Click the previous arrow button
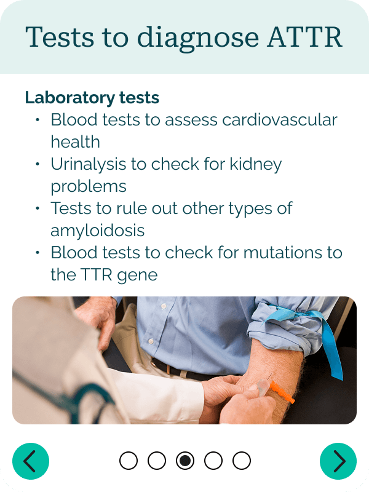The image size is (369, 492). [31, 461]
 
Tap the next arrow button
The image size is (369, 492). [338, 461]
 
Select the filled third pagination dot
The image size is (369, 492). [185, 461]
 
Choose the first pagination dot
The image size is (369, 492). [129, 461]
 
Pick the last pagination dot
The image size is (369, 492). [242, 461]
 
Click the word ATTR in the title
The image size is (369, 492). [304, 37]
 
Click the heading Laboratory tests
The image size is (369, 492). [92, 98]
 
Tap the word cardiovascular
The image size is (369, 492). [280, 119]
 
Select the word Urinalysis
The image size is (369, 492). [89, 165]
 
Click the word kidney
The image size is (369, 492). [256, 165]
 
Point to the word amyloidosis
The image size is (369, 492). [98, 231]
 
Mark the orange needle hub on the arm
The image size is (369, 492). [282, 392]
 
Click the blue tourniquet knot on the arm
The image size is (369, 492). [298, 314]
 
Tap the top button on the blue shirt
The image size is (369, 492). [163, 305]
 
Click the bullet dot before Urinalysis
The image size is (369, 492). [38, 164]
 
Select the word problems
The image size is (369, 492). [89, 187]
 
